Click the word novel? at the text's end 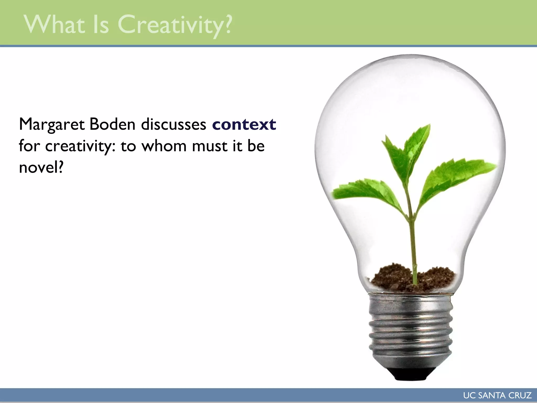click(x=41, y=167)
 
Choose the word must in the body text click(x=210, y=146)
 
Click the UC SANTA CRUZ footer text click(x=497, y=395)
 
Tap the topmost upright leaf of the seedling click(x=417, y=147)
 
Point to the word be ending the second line click(x=256, y=146)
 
